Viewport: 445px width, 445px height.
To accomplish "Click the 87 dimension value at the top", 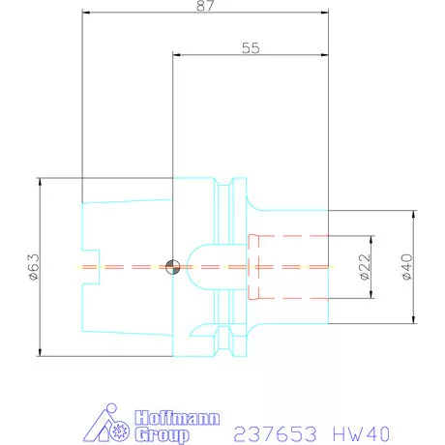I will click(203, 6).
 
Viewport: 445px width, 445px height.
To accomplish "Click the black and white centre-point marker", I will click(172, 266).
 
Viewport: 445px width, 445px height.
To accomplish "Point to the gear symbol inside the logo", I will click(121, 427).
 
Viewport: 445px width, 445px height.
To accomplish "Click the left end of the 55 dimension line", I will click(172, 54).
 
